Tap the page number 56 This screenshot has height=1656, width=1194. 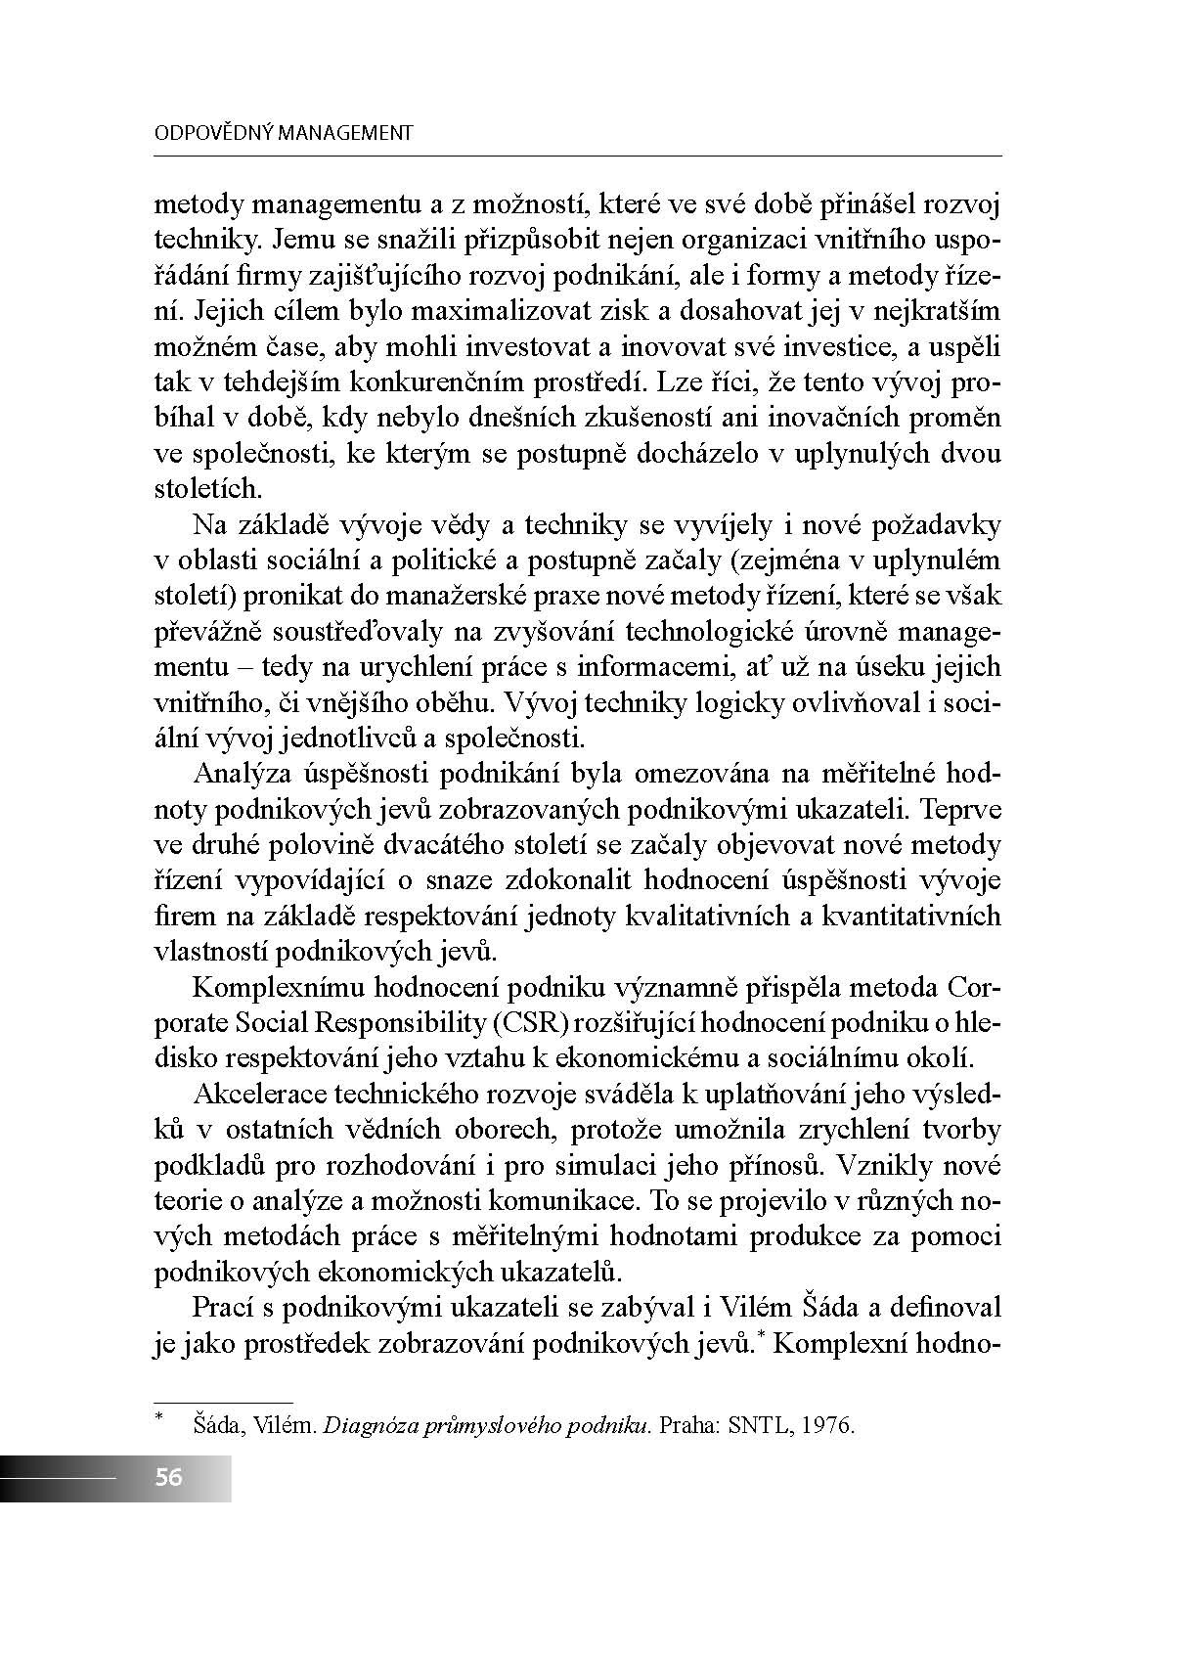pos(168,1477)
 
